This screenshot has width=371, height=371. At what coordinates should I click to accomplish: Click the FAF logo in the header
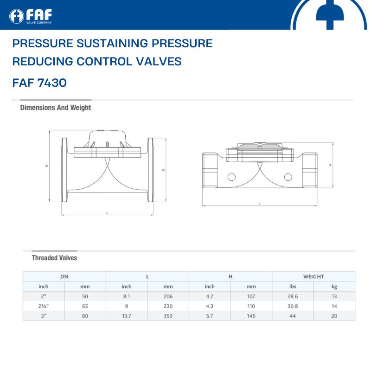tap(31, 16)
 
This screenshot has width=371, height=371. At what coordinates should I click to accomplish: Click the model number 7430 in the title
tap(52, 83)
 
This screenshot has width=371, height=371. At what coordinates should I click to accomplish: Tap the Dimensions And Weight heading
tap(56, 108)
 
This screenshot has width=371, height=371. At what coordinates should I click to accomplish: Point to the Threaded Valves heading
tap(54, 258)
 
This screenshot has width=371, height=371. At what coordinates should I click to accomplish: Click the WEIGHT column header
tap(313, 276)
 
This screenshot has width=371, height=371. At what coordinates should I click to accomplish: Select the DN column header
tap(64, 276)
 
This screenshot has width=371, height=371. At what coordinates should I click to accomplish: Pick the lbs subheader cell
tap(293, 286)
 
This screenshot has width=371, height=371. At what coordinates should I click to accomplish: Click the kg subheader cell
tap(334, 287)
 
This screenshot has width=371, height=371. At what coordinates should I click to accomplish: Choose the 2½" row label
tap(44, 306)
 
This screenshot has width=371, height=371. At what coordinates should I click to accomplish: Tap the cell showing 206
tap(168, 296)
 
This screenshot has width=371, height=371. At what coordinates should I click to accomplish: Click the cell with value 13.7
tap(127, 316)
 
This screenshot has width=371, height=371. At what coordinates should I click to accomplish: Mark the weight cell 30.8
tap(293, 306)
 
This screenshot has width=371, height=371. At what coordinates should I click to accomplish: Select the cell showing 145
tap(251, 316)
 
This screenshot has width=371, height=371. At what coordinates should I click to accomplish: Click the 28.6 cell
tap(293, 296)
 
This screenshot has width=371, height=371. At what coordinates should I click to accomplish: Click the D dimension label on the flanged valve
tap(163, 170)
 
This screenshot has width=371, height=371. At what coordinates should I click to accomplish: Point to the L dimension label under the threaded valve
tap(260, 203)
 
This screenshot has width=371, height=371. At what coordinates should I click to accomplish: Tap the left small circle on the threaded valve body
tap(231, 177)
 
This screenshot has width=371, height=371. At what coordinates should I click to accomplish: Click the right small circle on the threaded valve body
tap(288, 177)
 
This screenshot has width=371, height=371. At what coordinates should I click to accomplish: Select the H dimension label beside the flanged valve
tap(47, 166)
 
